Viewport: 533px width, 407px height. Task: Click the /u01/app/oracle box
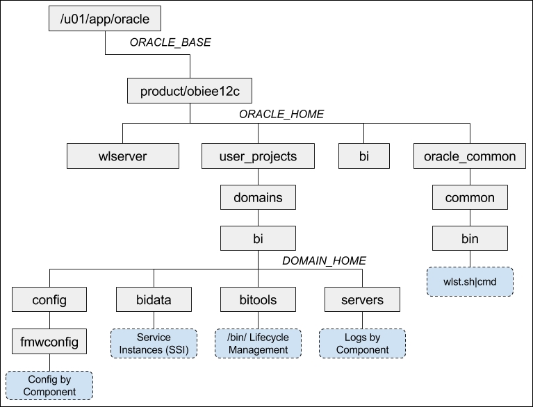(x=105, y=18)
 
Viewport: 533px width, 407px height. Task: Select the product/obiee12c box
(x=190, y=91)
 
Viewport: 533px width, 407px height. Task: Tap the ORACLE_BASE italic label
(x=170, y=42)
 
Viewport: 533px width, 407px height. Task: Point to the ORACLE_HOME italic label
(x=281, y=114)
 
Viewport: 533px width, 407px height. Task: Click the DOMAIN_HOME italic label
(x=325, y=260)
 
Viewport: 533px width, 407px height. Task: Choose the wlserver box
(x=123, y=156)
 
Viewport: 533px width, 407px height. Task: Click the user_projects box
(x=258, y=156)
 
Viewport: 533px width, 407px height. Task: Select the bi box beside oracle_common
(x=364, y=156)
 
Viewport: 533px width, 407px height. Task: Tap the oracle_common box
(x=470, y=156)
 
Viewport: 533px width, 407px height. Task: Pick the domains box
(x=258, y=197)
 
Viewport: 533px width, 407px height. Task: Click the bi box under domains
(x=258, y=238)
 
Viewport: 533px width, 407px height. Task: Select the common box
(x=470, y=197)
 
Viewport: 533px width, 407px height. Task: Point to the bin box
(x=470, y=238)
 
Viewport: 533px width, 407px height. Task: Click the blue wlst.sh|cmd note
(x=470, y=282)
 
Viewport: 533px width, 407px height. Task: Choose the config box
(x=49, y=299)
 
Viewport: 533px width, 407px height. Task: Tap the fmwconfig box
(x=49, y=342)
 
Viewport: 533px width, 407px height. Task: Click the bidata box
(x=154, y=299)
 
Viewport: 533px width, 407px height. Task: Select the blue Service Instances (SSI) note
(x=154, y=344)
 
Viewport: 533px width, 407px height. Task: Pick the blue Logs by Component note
(x=362, y=344)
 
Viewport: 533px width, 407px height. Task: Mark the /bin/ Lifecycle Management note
(x=258, y=344)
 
